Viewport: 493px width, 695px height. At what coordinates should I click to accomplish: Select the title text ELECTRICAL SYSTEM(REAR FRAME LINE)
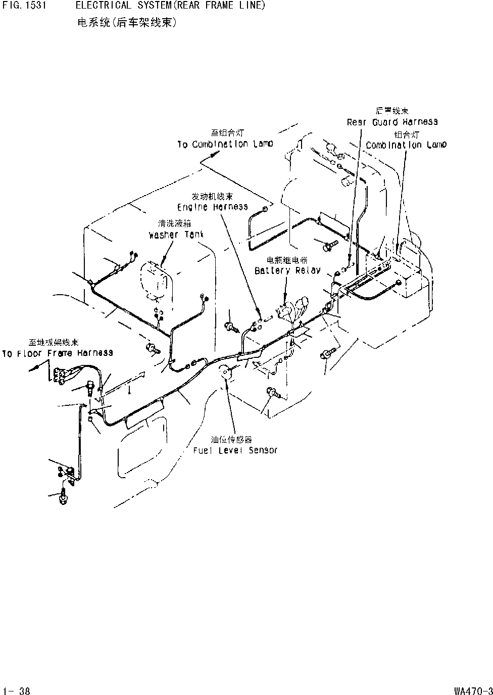point(171,6)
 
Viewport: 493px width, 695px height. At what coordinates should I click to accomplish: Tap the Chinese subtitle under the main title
point(127,23)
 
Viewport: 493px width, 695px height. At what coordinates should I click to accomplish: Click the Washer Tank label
point(169,235)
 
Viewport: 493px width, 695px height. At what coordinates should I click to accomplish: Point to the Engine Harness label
point(212,207)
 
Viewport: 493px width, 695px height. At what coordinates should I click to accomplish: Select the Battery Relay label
point(287,270)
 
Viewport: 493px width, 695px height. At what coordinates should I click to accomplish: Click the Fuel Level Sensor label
point(235,450)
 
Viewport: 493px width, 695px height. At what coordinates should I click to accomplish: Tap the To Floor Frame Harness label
point(58,353)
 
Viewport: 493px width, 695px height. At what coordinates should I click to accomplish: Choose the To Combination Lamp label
point(225,144)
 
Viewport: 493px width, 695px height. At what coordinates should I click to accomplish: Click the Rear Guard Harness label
point(392,122)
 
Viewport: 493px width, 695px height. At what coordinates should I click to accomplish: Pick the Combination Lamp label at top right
point(406,145)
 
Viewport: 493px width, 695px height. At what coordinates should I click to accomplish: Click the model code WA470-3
point(472,690)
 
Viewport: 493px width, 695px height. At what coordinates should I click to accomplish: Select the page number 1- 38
point(16,690)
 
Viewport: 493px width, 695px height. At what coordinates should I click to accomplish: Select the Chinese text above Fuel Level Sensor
point(231,439)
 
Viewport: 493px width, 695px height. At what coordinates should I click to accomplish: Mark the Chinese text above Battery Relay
point(287,260)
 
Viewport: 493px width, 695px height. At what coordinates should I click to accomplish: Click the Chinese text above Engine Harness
point(212,196)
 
